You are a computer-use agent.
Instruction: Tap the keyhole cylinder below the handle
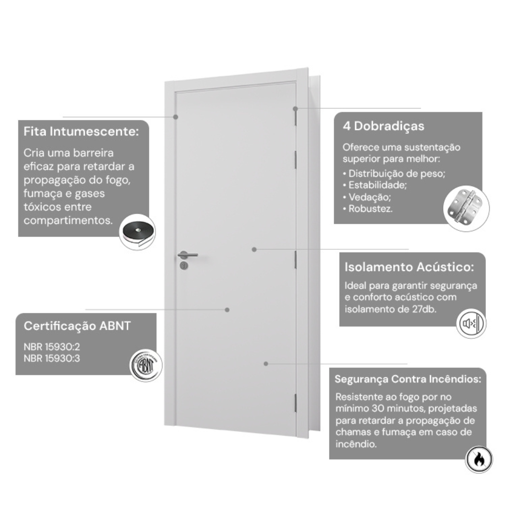click(x=184, y=266)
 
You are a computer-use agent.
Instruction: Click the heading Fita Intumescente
click(x=81, y=132)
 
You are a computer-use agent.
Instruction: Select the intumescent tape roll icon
click(x=137, y=232)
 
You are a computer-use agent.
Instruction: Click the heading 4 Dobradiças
click(x=383, y=126)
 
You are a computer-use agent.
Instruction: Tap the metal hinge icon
click(x=466, y=208)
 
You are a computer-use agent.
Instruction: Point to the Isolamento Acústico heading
click(x=409, y=267)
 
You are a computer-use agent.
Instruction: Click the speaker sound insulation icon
click(x=471, y=323)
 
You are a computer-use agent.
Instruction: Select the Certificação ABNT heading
click(x=77, y=326)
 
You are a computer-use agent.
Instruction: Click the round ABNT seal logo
click(x=146, y=365)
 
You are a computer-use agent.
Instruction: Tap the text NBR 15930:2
click(x=52, y=347)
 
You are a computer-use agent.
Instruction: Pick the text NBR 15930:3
click(x=52, y=358)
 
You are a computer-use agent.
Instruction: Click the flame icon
click(x=478, y=459)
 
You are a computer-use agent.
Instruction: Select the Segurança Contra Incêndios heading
click(x=408, y=379)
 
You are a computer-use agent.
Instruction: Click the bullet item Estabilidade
click(x=375, y=185)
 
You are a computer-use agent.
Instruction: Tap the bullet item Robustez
click(x=368, y=209)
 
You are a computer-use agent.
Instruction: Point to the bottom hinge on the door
click(x=295, y=403)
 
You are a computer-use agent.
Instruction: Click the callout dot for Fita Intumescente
click(x=176, y=117)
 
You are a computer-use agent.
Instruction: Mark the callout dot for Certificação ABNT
click(x=227, y=310)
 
